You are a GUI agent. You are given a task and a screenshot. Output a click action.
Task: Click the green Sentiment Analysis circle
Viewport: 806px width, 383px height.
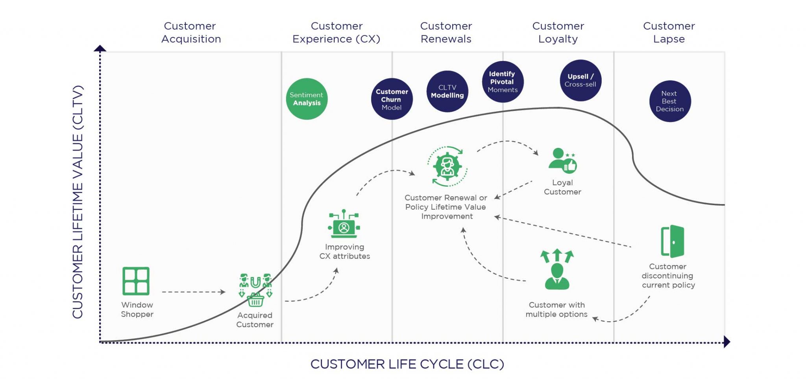point(307,99)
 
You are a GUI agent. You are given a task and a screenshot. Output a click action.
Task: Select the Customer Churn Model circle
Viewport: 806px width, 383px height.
point(392,99)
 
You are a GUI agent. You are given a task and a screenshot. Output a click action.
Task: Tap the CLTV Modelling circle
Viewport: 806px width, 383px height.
point(447,91)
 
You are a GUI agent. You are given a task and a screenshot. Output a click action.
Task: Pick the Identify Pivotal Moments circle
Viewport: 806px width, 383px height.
point(503,82)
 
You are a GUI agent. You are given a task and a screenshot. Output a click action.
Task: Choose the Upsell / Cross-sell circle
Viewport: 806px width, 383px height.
point(580,80)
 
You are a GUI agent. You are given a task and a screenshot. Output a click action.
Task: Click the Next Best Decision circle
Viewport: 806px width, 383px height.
point(670,101)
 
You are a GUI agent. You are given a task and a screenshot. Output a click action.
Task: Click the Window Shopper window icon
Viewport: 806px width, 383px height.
point(136,281)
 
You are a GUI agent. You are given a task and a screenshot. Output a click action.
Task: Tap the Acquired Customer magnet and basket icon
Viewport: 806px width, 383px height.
point(255,290)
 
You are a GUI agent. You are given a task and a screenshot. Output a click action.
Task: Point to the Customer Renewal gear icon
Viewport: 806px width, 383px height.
point(447,166)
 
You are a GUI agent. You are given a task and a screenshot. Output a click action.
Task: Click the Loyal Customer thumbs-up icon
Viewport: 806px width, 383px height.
point(563,160)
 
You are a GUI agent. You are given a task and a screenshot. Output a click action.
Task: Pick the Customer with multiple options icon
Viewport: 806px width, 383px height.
point(557,269)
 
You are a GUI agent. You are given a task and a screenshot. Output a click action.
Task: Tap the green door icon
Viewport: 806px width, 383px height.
point(672,241)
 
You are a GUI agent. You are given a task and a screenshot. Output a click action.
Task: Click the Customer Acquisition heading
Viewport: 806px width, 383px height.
point(191,32)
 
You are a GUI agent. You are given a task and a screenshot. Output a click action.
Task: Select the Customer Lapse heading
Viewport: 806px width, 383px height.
point(669,32)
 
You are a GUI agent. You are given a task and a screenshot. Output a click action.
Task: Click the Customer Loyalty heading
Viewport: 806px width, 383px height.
point(558,32)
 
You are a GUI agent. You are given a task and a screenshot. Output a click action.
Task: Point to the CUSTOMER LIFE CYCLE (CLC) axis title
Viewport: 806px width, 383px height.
point(407,364)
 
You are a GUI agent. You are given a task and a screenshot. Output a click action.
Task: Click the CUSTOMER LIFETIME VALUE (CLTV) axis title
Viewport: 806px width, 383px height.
point(78,202)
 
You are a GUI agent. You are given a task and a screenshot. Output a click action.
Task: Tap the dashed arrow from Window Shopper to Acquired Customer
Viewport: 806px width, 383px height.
point(194,292)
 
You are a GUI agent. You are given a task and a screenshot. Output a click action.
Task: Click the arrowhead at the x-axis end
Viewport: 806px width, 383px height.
point(727,342)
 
